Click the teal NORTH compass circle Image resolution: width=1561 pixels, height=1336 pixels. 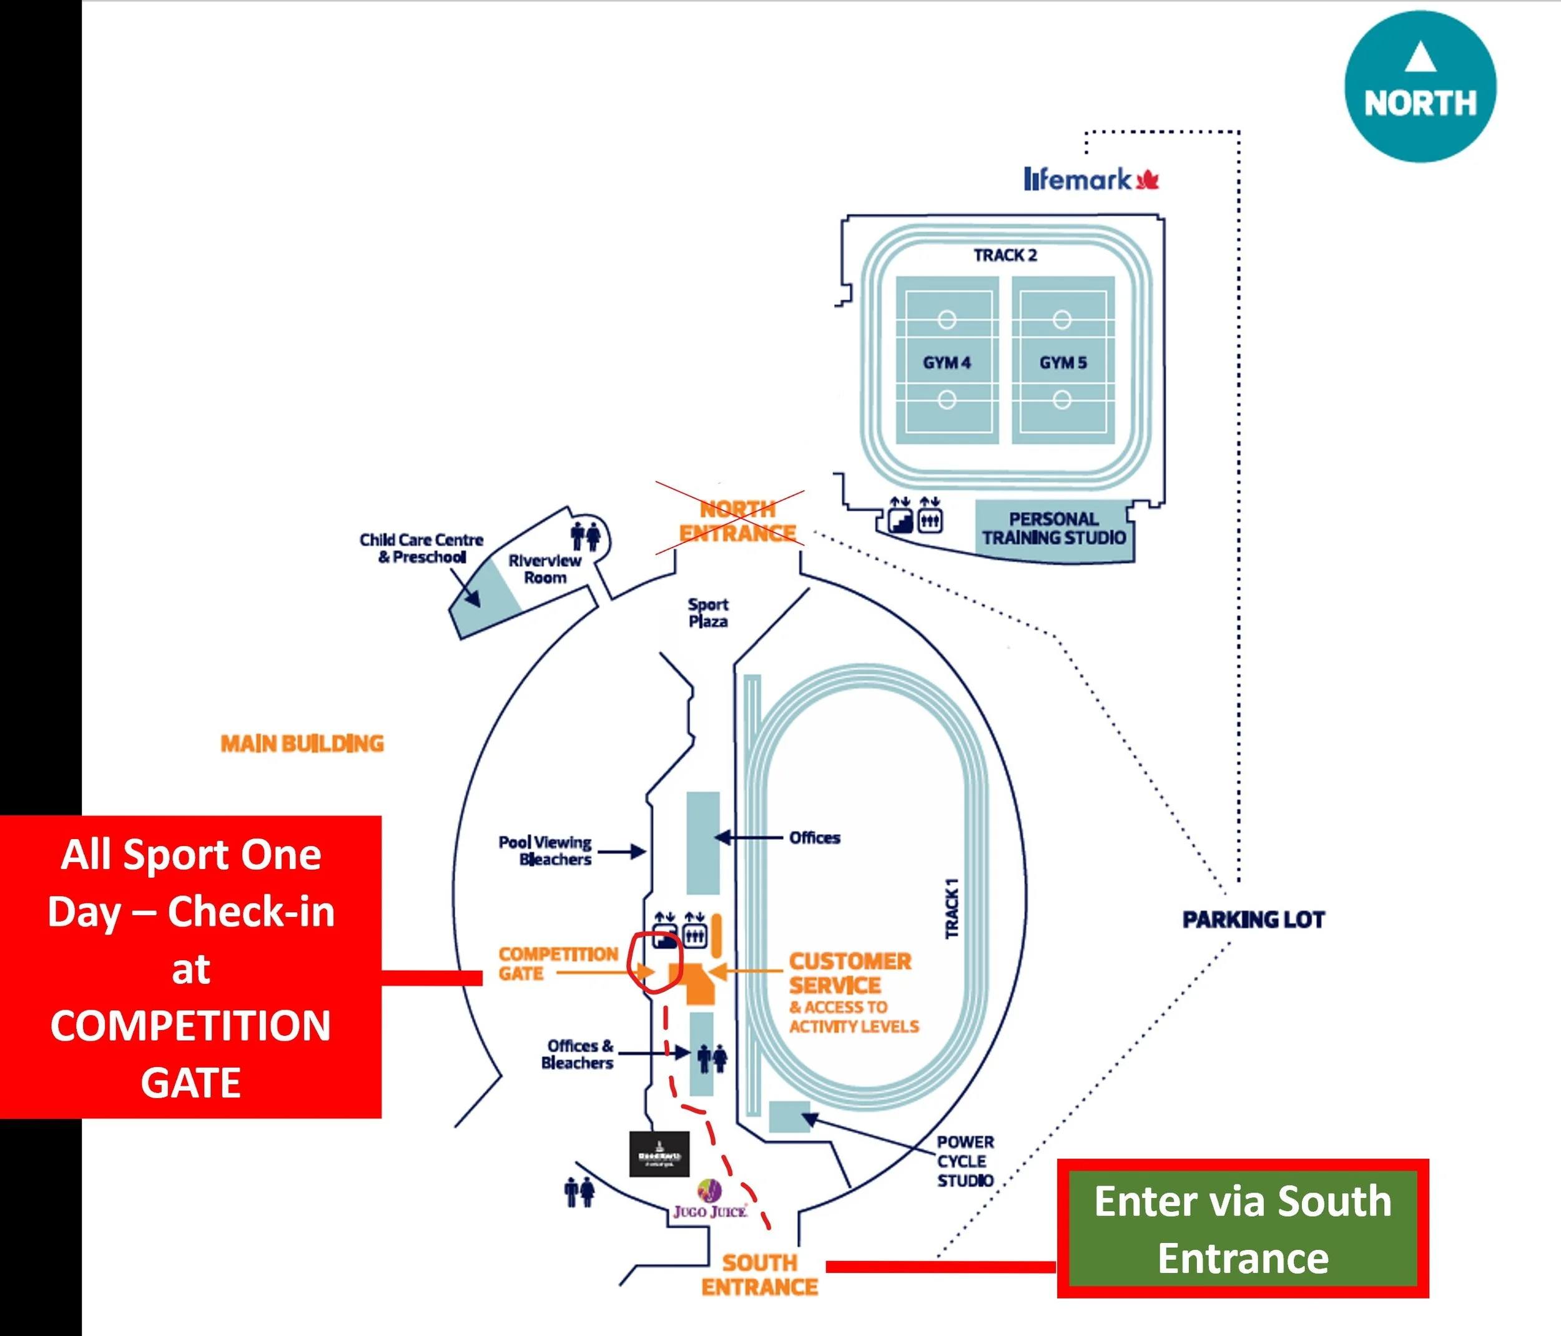1419,87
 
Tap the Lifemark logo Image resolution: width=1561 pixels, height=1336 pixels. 1090,179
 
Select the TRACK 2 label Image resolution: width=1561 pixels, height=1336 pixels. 1005,255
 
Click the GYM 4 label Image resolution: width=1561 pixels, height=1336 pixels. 947,362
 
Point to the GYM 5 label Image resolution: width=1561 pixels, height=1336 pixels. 1063,362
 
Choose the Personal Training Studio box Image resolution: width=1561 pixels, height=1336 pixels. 1053,529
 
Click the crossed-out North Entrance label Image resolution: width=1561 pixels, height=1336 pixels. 737,521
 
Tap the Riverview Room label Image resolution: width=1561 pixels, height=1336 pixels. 544,569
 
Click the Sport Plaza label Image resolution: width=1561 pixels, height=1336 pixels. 708,612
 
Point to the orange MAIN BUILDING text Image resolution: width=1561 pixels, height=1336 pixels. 302,744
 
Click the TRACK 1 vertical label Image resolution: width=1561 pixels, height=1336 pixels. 952,908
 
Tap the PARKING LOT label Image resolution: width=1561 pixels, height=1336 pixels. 1253,920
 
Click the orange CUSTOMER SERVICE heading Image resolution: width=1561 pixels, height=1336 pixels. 849,973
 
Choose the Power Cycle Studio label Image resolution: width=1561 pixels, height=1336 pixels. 965,1161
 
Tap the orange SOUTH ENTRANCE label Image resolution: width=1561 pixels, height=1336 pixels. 759,1274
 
